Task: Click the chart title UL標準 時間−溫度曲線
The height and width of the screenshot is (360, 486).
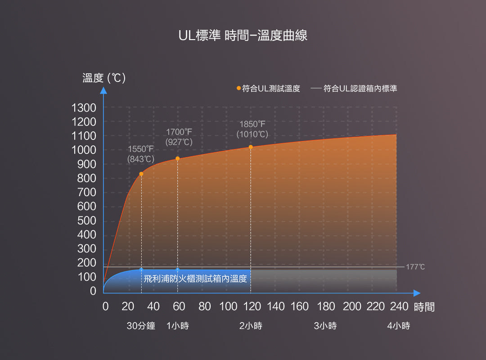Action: (243, 36)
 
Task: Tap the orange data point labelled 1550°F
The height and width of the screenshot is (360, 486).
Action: (141, 174)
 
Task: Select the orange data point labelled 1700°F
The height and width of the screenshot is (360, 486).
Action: (177, 158)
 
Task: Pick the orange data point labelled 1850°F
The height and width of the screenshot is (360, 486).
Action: (251, 147)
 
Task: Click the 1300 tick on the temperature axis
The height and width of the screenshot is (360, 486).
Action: (84, 108)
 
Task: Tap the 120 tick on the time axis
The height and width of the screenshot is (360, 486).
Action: (252, 307)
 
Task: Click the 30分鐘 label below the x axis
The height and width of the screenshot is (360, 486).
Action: (141, 326)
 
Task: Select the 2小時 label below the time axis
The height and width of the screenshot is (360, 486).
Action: (251, 326)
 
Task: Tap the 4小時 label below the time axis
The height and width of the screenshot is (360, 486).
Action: (399, 326)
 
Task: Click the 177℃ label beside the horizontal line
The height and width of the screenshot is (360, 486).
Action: (415, 267)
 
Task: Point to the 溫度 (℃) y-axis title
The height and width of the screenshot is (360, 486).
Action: (104, 78)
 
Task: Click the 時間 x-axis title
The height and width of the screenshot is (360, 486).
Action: (424, 307)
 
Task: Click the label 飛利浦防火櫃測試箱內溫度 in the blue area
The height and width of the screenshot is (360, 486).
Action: (196, 279)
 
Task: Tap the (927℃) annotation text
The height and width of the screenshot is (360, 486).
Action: (179, 142)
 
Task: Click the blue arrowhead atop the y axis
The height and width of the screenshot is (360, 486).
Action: (103, 90)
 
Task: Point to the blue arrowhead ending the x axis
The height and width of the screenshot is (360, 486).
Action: (416, 292)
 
